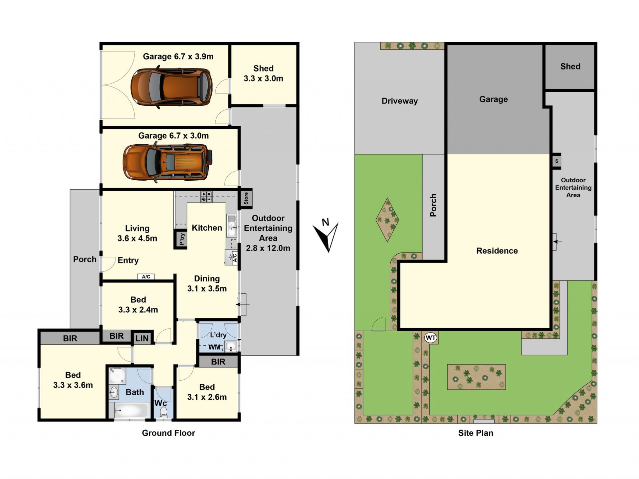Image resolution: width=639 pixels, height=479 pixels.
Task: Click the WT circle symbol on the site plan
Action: [x=431, y=338]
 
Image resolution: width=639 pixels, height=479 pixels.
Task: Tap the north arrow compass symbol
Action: [x=326, y=235]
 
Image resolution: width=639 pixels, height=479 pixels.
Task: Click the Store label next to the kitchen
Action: [x=246, y=198]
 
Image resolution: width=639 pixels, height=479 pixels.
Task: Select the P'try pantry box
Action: [x=181, y=238]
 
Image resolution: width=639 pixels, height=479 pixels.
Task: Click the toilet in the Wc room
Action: [x=163, y=413]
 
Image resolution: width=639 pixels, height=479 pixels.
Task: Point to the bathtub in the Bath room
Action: [x=131, y=410]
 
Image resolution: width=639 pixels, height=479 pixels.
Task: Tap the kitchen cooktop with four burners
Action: [x=206, y=197]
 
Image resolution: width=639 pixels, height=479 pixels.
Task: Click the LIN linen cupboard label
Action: [x=142, y=339]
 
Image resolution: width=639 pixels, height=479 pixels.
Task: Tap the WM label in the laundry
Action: [x=215, y=347]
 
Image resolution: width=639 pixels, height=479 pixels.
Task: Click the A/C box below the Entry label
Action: [x=146, y=276]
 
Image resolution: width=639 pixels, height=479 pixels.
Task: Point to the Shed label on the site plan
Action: [x=570, y=67]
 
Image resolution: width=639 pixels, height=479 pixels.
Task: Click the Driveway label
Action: [x=400, y=101]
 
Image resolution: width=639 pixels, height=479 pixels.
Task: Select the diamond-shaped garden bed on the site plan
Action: [x=387, y=220]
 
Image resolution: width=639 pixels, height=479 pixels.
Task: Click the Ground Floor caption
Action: [x=168, y=433]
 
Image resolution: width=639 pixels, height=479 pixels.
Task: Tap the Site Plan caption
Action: [x=476, y=433]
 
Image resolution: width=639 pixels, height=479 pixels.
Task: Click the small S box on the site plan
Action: [x=557, y=161]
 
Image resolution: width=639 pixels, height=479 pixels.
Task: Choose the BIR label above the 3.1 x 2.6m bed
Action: [x=218, y=362]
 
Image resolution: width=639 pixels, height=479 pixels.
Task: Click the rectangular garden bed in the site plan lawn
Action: [x=476, y=377]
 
